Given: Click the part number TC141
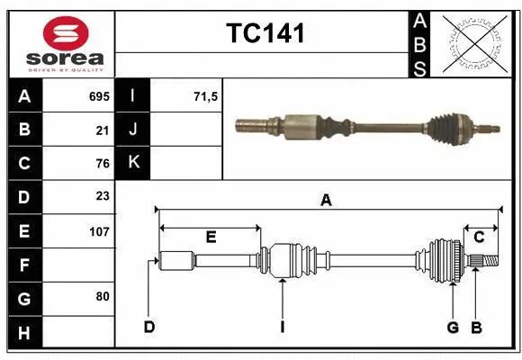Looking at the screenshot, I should (x=265, y=33).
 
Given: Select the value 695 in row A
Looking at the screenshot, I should (x=98, y=96).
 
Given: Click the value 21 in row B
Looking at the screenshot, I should (x=102, y=130).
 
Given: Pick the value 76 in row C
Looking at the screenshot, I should (x=102, y=164).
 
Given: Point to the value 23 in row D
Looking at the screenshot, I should (x=102, y=196).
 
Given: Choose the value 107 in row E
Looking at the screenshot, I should (x=98, y=231).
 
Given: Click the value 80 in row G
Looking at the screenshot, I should (x=102, y=295).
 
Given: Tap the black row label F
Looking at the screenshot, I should (x=23, y=265).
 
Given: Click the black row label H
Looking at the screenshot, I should (x=23, y=334).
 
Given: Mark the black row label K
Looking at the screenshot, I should (x=133, y=163).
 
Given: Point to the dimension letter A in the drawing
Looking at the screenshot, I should (x=326, y=201).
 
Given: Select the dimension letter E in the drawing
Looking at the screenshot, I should (x=211, y=237).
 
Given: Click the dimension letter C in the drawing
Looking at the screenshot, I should (x=479, y=237).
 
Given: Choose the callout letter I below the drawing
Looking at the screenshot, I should (x=282, y=327).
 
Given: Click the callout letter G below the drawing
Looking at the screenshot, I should (x=454, y=327).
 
